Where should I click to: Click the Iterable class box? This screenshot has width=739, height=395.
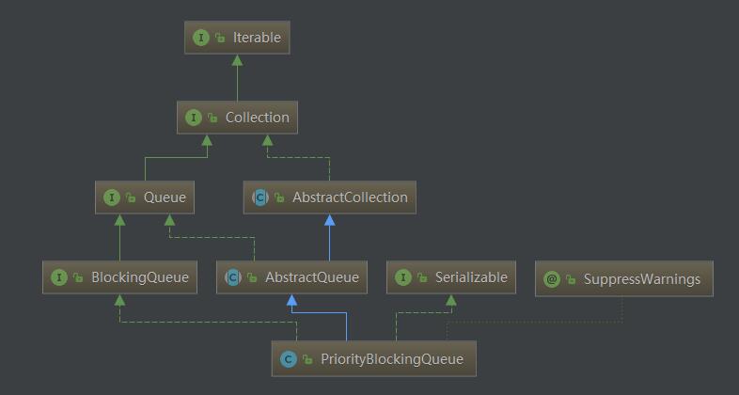click(237, 38)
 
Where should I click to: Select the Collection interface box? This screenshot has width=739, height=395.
click(237, 118)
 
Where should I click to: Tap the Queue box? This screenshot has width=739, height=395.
click(145, 197)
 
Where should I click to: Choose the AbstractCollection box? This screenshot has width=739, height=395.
click(329, 197)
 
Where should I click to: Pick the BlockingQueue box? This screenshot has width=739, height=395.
click(119, 277)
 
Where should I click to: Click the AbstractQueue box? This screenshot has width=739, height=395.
click(291, 277)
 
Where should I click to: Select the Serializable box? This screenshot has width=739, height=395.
click(451, 277)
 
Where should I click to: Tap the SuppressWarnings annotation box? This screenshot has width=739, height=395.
click(624, 279)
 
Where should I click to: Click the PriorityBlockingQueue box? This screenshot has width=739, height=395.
click(374, 358)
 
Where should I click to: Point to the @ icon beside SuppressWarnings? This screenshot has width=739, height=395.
click(551, 279)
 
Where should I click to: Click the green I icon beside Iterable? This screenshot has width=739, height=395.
click(201, 38)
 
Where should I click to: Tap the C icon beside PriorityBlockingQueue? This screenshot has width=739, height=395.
click(288, 359)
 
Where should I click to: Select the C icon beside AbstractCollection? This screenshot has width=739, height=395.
click(260, 197)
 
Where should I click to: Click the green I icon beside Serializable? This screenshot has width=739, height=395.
click(403, 277)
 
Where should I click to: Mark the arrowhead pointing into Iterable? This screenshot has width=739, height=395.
click(237, 60)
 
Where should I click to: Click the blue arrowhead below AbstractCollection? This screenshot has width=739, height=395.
click(329, 220)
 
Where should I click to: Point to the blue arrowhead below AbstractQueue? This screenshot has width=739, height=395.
click(291, 300)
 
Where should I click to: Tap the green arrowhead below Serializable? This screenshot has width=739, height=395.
click(451, 300)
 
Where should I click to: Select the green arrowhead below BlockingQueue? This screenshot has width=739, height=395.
click(119, 300)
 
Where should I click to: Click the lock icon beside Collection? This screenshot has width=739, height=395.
click(212, 118)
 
